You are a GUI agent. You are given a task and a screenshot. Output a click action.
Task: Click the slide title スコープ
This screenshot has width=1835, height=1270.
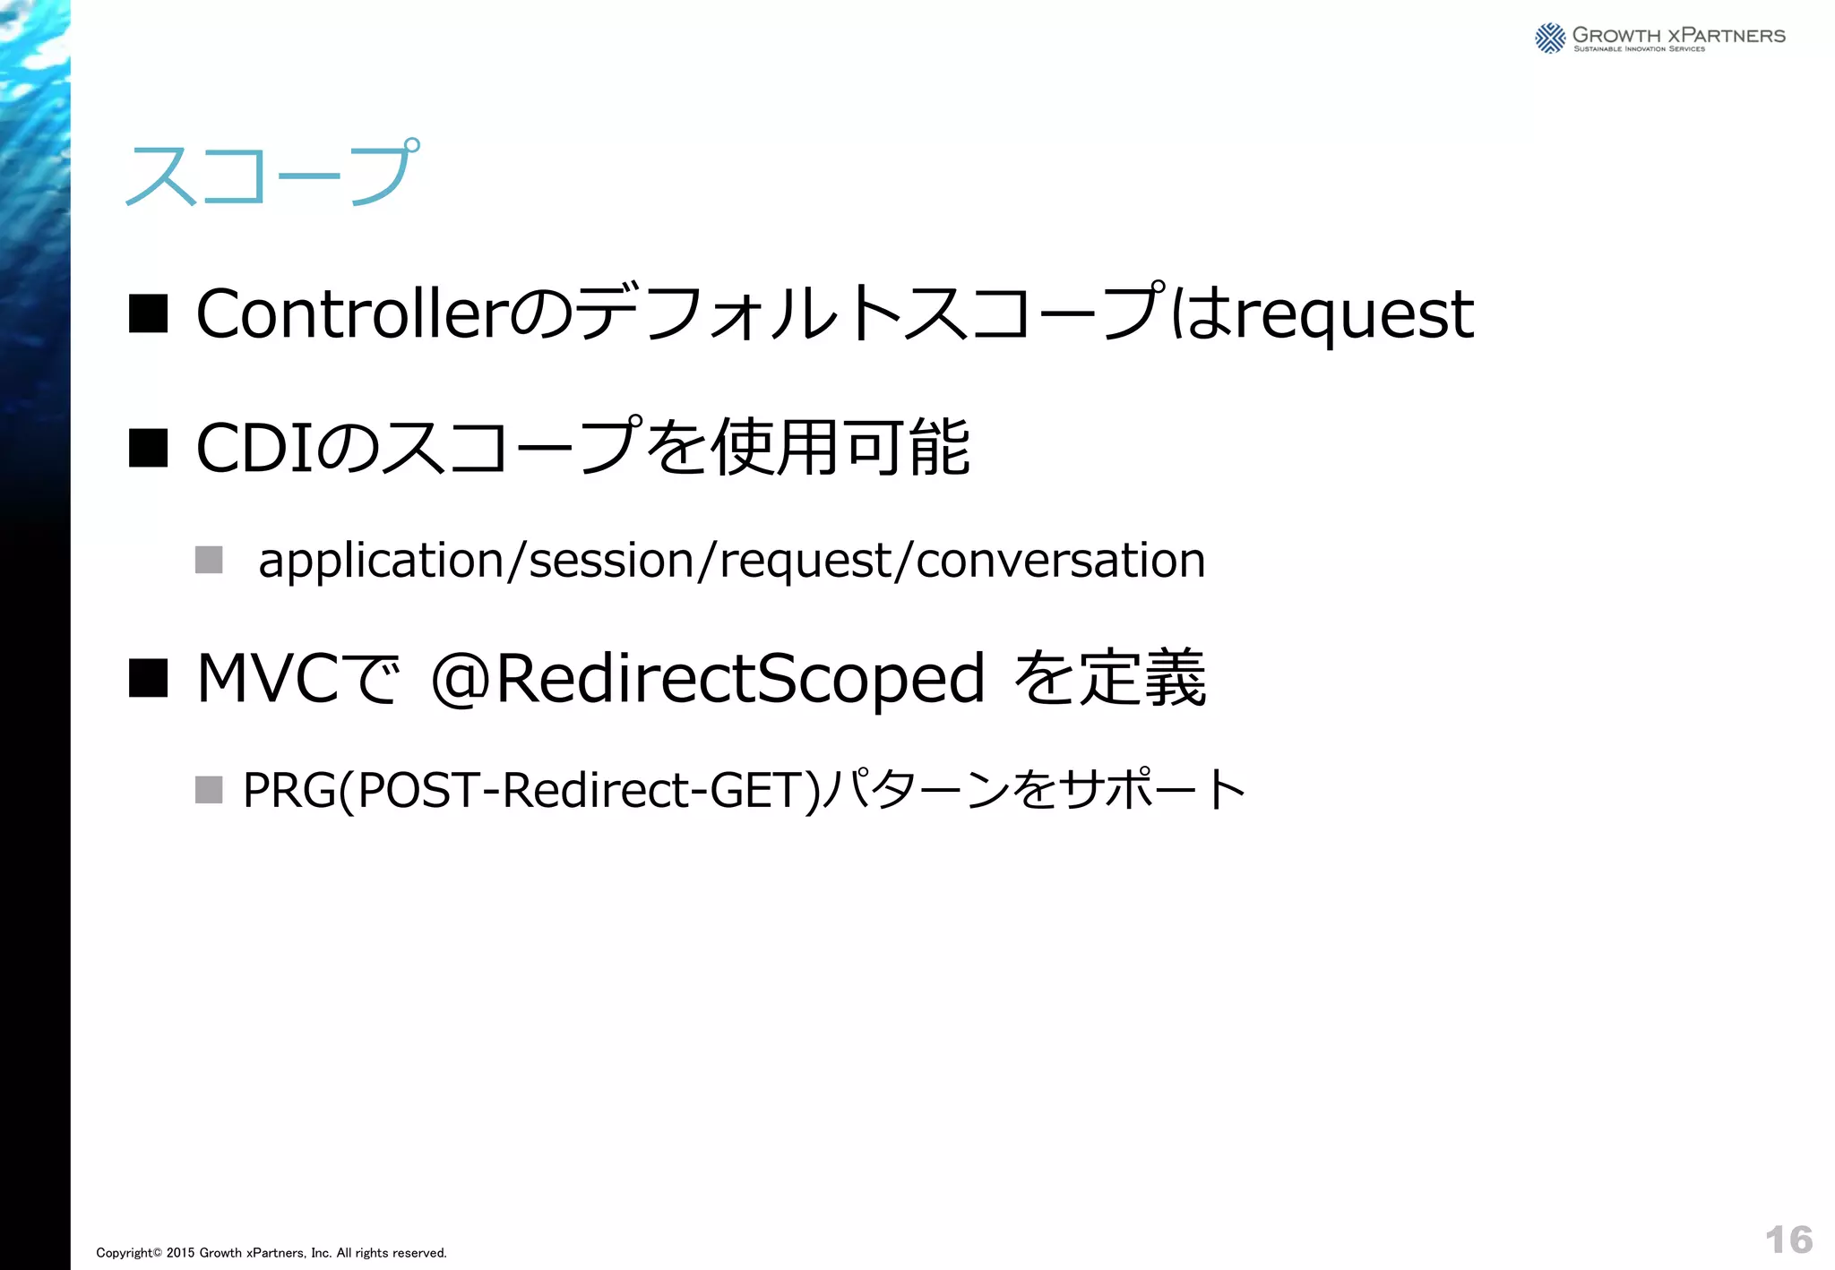point(271,173)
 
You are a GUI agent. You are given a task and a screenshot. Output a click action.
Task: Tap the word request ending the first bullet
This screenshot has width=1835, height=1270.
point(1353,316)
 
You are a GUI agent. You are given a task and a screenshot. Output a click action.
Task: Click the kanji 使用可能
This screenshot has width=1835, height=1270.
point(840,447)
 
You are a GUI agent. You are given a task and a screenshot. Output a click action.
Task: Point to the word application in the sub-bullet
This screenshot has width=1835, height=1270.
point(381,562)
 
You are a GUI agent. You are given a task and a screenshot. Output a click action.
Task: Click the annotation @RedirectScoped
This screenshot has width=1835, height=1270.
point(708,679)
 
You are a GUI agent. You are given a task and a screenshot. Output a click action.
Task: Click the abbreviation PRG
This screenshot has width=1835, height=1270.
point(289,790)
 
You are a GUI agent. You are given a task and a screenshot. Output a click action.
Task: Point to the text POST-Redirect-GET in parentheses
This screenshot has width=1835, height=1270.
point(582,790)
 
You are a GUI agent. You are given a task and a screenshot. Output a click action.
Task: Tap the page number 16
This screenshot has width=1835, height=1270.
point(1788,1240)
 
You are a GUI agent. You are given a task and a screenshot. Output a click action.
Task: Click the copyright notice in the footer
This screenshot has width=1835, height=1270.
point(271,1253)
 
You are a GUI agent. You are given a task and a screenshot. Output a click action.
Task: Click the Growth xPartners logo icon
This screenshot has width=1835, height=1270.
point(1550,39)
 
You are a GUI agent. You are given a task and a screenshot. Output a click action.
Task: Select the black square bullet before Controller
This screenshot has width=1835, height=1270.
point(148,314)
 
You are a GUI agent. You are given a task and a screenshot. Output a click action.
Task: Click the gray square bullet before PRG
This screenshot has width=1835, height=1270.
point(209,790)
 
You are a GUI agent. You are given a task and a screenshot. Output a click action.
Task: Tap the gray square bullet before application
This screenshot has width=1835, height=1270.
point(209,560)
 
